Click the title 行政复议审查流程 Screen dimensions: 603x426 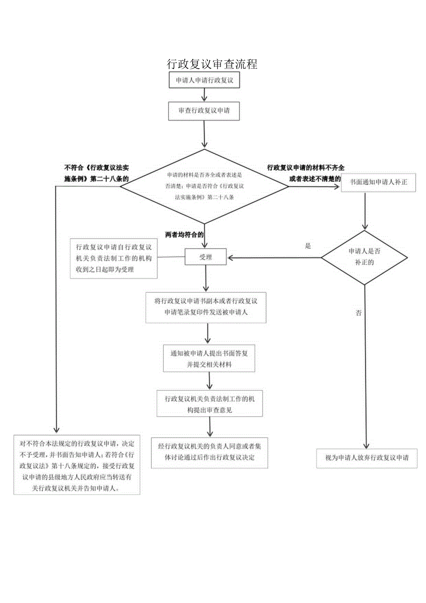pos(212,64)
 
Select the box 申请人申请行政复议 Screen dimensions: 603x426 pos(204,80)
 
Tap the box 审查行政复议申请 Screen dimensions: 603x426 pos(204,111)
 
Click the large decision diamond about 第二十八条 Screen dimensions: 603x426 pos(204,186)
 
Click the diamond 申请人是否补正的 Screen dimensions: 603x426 pos(364,257)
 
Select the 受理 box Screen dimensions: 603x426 pos(206,257)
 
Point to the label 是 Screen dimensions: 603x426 pos(308,246)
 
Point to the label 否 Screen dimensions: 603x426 pos(358,313)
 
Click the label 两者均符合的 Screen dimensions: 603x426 pos(184,235)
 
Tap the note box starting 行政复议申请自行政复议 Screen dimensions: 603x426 pos(113,258)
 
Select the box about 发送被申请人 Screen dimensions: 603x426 pos(206,307)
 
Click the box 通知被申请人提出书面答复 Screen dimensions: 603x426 pos(209,359)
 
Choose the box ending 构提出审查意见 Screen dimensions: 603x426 pos(210,404)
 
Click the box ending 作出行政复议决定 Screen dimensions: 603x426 pos(209,452)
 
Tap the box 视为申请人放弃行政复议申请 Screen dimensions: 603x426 pos(366,458)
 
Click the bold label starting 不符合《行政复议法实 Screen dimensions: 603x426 pos(96,173)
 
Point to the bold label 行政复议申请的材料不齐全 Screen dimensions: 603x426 pos(306,168)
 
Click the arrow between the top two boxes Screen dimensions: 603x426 pos(204,95)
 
